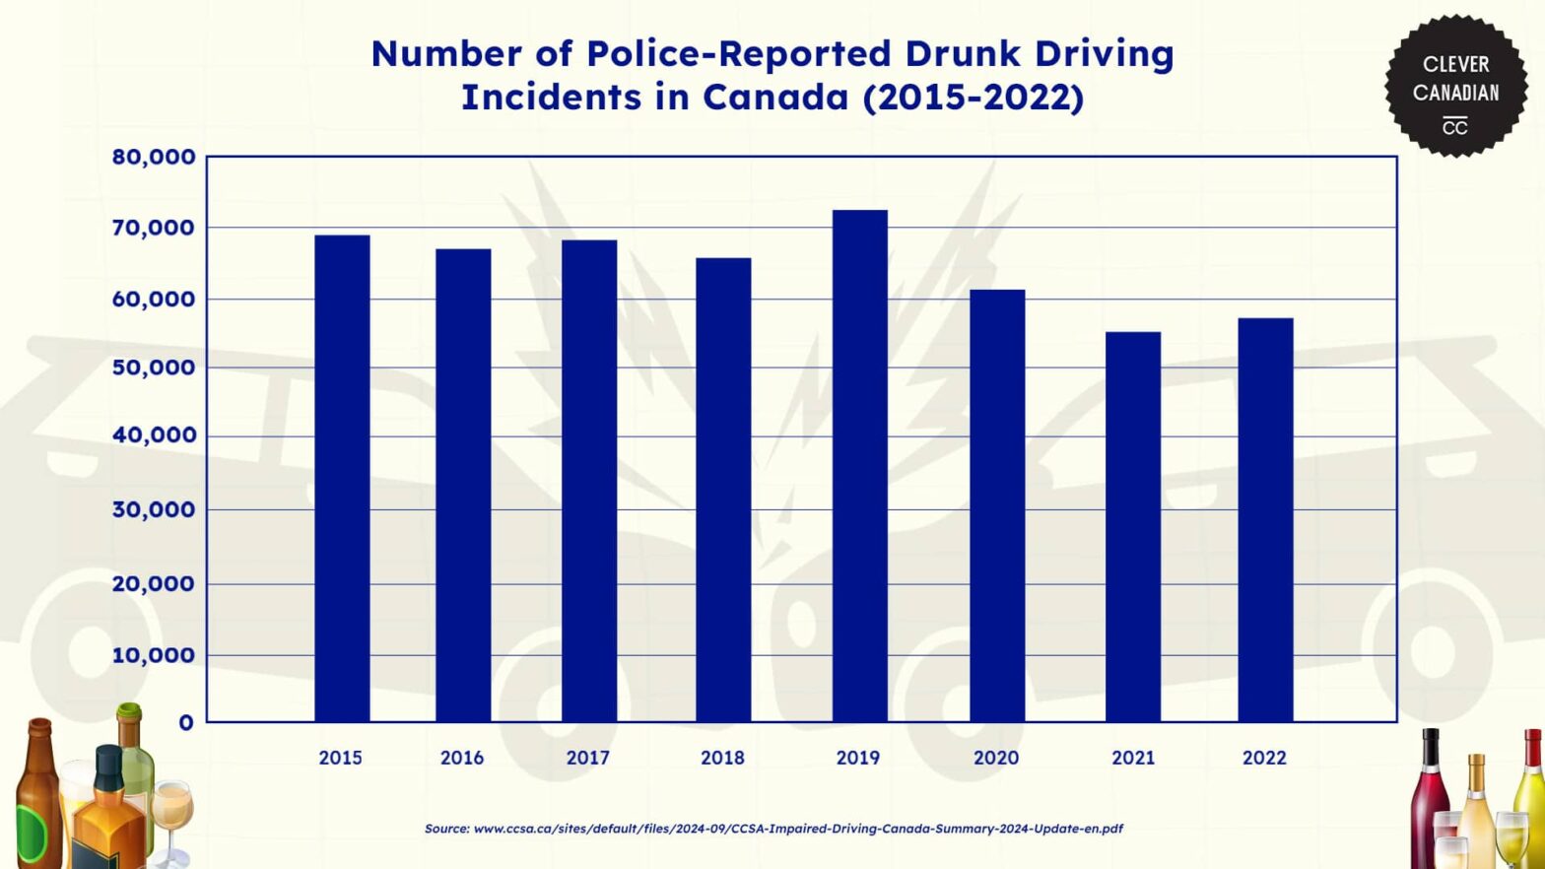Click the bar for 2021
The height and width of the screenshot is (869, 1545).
pos(1132,527)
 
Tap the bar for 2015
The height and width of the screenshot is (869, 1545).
pos(342,479)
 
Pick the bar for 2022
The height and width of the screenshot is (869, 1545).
pos(1265,520)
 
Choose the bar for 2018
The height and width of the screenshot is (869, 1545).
pos(723,490)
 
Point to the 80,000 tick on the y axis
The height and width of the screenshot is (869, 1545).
pos(154,157)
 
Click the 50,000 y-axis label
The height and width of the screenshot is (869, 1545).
pos(154,368)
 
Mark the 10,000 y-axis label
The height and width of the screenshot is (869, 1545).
pos(154,655)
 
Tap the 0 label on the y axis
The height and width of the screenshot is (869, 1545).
pos(186,723)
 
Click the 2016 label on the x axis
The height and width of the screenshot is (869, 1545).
pos(462,758)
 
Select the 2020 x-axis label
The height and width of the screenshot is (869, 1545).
pos(996,758)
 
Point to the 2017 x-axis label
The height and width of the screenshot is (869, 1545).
pos(587,758)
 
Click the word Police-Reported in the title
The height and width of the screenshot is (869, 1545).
pos(740,53)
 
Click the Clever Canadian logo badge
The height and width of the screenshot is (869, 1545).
pos(1455,87)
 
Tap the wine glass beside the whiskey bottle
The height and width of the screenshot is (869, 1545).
pos(171,813)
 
